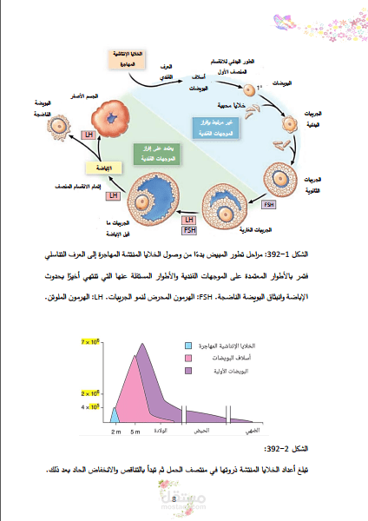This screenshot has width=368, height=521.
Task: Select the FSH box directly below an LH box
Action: click(x=189, y=230)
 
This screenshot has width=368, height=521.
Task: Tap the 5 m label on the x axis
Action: click(x=135, y=431)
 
